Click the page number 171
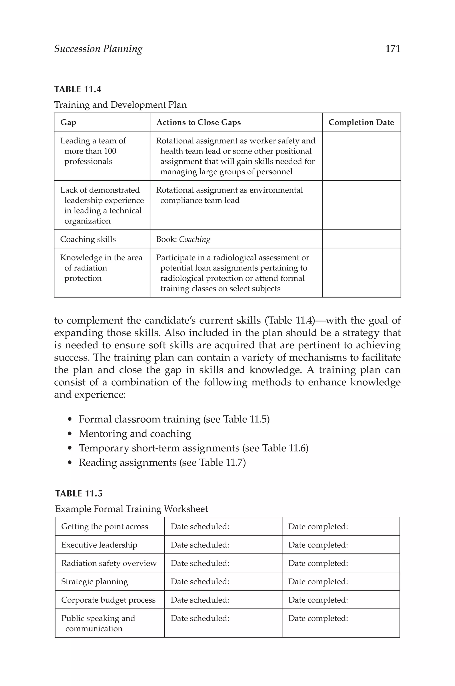pyautogui.click(x=393, y=49)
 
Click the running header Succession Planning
pyautogui.click(x=98, y=49)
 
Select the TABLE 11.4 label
pyautogui.click(x=78, y=89)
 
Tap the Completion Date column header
pyautogui.click(x=361, y=122)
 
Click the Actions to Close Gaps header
pyautogui.click(x=198, y=122)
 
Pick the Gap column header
pyautogui.click(x=68, y=122)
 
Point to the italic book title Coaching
pyautogui.click(x=194, y=239)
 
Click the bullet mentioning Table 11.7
pyautogui.click(x=162, y=462)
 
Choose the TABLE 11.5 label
pyautogui.click(x=79, y=494)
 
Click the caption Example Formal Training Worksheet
pyautogui.click(x=132, y=509)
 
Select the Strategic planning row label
pyautogui.click(x=95, y=582)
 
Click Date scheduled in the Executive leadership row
pyautogui.click(x=200, y=545)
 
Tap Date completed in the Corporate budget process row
pyautogui.click(x=318, y=600)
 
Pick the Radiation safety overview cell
pyautogui.click(x=109, y=563)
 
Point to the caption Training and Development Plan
pyautogui.click(x=120, y=104)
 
